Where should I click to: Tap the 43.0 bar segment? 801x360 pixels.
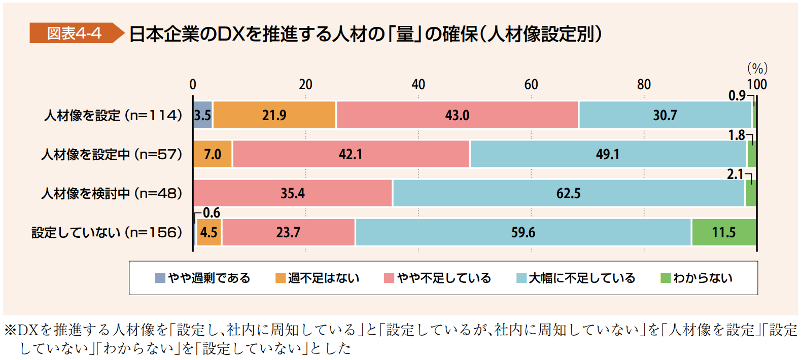[457, 115]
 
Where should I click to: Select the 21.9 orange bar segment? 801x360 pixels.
[274, 115]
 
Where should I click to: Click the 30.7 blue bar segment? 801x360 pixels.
[665, 115]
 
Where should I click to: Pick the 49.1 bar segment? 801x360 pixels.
[608, 154]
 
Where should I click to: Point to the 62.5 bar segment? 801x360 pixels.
[568, 193]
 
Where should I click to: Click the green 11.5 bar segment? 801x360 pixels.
[723, 232]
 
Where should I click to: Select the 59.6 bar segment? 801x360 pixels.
[523, 232]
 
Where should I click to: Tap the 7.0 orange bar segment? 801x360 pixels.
[213, 154]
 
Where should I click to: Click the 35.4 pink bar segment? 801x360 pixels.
[293, 193]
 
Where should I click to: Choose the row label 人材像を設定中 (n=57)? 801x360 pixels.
[112, 154]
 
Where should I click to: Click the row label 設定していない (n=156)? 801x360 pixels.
[107, 232]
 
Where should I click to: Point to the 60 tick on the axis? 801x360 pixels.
[531, 85]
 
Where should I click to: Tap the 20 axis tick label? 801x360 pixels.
[305, 85]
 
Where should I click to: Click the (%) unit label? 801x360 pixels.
[757, 68]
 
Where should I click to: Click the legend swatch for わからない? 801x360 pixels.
[666, 278]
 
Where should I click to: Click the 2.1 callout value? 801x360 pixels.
[735, 174]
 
